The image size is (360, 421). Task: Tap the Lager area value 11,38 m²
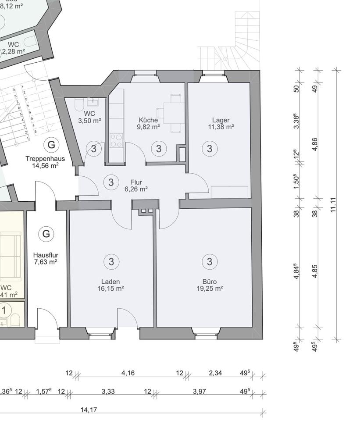(x=221, y=127)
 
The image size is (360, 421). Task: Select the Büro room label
(x=210, y=282)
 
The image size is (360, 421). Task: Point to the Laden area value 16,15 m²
(x=110, y=289)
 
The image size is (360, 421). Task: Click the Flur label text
(x=136, y=182)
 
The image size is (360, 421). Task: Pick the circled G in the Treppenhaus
(x=52, y=144)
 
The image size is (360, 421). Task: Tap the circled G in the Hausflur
(x=46, y=234)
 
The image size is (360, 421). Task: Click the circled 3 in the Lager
(x=210, y=149)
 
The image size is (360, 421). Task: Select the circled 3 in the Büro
(x=210, y=262)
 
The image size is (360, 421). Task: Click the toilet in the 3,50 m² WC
(x=79, y=106)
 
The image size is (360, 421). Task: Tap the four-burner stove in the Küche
(x=116, y=140)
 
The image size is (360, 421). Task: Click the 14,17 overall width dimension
(x=89, y=410)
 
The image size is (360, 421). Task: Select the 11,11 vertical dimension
(x=334, y=204)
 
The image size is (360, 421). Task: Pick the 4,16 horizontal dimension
(x=128, y=373)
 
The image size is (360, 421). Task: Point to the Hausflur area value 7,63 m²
(x=46, y=262)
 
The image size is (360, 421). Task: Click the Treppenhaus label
(x=45, y=159)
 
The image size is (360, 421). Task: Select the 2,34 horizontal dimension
(x=215, y=373)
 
